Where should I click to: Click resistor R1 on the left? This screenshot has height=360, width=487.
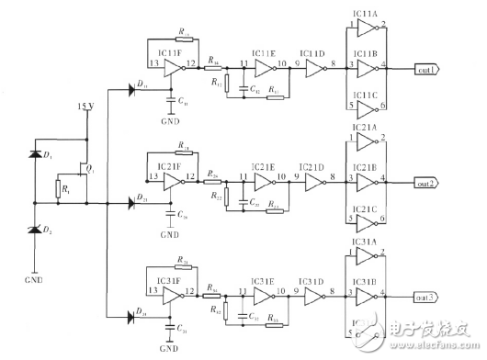click(x=59, y=189)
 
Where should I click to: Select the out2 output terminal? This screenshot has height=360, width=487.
click(x=426, y=183)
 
